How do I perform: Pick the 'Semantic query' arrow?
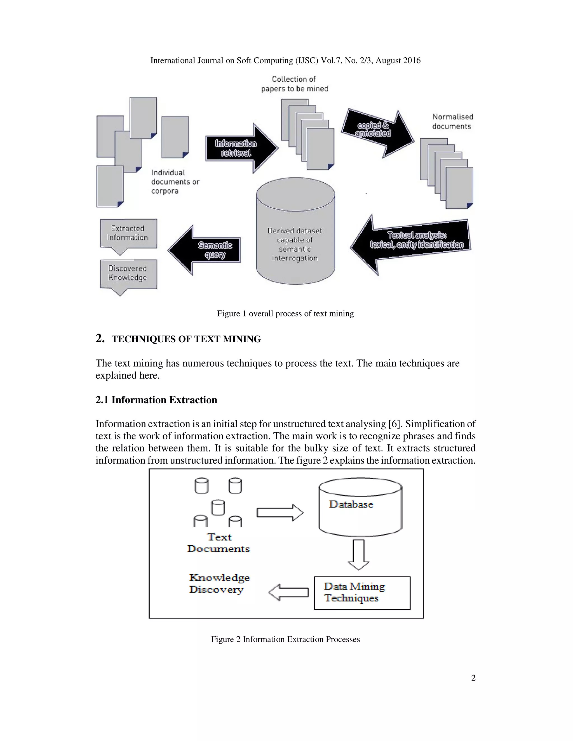click(207, 250)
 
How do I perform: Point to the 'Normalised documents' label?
click(452, 121)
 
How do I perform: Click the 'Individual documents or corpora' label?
click(175, 182)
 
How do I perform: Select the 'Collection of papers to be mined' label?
click(294, 84)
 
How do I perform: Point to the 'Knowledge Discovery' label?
click(219, 583)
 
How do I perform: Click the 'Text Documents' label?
click(219, 543)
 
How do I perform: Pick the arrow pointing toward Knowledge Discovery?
click(288, 593)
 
